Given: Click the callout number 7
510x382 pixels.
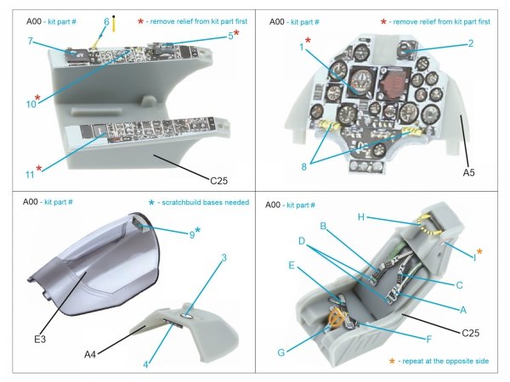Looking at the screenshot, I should click(30, 41).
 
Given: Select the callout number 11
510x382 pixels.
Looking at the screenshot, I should click(28, 176).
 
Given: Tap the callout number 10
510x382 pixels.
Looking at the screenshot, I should click(31, 104).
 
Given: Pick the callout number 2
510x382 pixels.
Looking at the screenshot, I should click(470, 43).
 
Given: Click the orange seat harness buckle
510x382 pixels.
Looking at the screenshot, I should click(338, 320).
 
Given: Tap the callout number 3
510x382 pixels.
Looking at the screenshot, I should click(223, 257).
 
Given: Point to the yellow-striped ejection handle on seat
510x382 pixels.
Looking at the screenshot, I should click(428, 225).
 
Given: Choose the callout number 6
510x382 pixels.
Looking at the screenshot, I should click(106, 21).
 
